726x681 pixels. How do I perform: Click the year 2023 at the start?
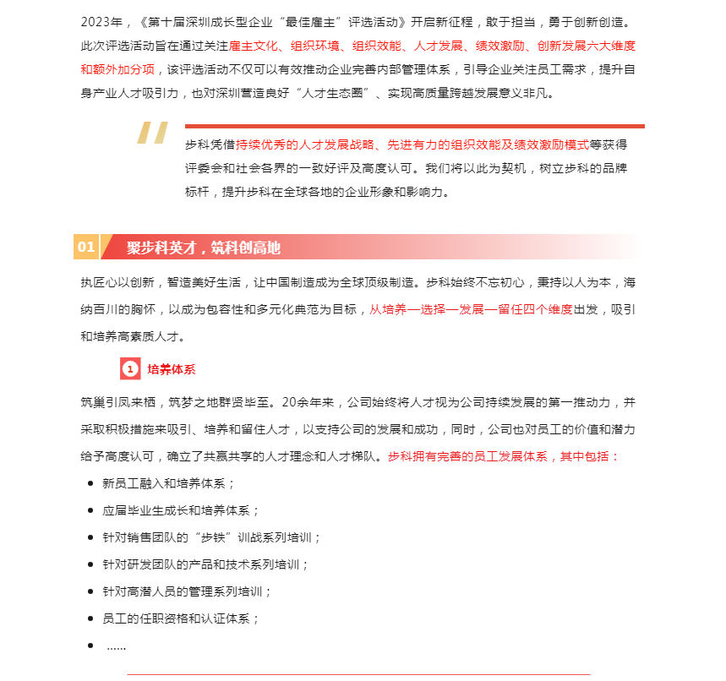pyautogui.click(x=97, y=20)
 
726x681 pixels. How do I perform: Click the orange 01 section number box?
pyautogui.click(x=86, y=248)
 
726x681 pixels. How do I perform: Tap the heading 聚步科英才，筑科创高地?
pyautogui.click(x=204, y=248)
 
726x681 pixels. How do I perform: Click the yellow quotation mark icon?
pyautogui.click(x=153, y=134)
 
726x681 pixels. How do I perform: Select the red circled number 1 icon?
pyautogui.click(x=130, y=369)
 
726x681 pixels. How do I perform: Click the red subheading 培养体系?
pyautogui.click(x=172, y=369)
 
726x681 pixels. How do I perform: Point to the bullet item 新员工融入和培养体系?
pyautogui.click(x=168, y=483)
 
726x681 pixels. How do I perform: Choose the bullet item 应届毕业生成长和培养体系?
pyautogui.click(x=180, y=510)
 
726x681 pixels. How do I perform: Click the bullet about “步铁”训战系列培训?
pyautogui.click(x=211, y=537)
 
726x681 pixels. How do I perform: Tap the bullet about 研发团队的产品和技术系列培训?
pyautogui.click(x=205, y=564)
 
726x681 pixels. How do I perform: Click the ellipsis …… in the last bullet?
pyautogui.click(x=116, y=646)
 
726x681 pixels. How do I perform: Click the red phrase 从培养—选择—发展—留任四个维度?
pyautogui.click(x=471, y=309)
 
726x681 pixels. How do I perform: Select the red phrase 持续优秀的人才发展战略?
pyautogui.click(x=303, y=144)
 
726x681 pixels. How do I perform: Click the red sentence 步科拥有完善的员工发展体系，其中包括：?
pyautogui.click(x=504, y=456)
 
